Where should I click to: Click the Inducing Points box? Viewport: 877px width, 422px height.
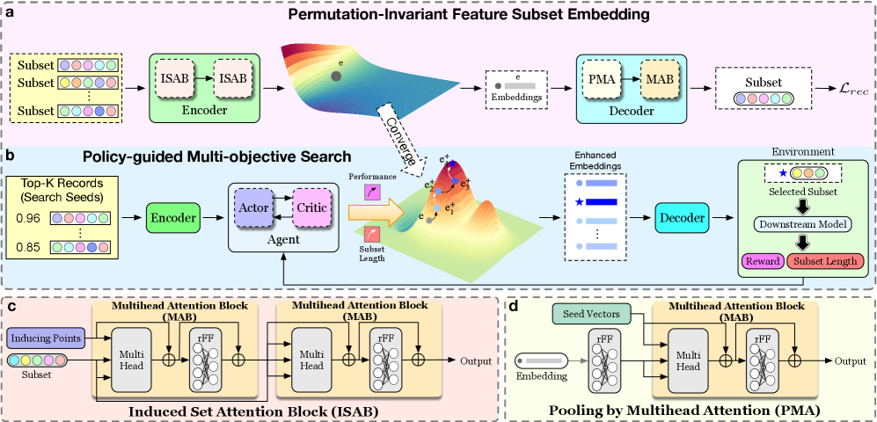(47, 338)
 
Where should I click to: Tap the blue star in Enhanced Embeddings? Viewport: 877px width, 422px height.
(578, 202)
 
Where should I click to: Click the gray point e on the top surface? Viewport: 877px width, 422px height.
(335, 76)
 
